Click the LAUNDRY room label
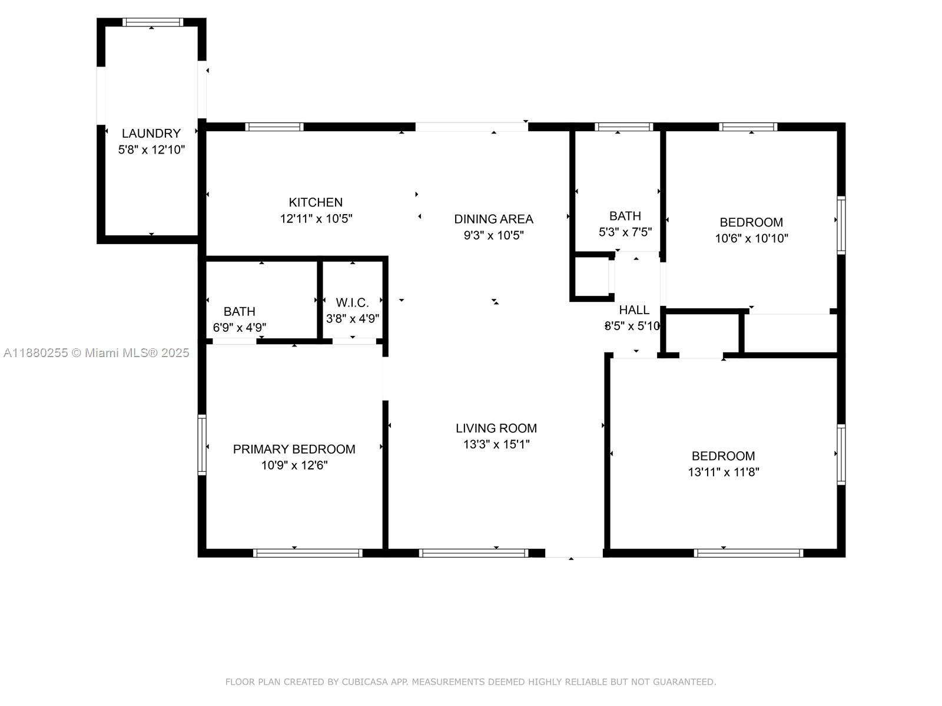(x=151, y=134)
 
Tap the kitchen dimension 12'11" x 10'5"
(x=316, y=219)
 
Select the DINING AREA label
(x=493, y=219)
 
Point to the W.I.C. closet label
(x=352, y=302)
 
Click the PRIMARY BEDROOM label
(x=294, y=449)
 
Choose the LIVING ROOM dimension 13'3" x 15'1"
(x=496, y=444)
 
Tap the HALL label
(x=634, y=310)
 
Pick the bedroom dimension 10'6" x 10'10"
(x=751, y=238)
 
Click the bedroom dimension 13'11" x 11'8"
(x=723, y=472)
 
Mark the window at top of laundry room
(x=152, y=22)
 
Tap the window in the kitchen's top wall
(x=274, y=126)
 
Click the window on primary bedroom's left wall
(x=202, y=444)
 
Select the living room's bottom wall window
(x=473, y=552)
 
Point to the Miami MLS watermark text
(x=96, y=353)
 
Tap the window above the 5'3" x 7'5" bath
(x=623, y=126)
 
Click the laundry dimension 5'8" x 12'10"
(x=151, y=150)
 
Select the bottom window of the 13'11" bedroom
(x=748, y=552)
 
